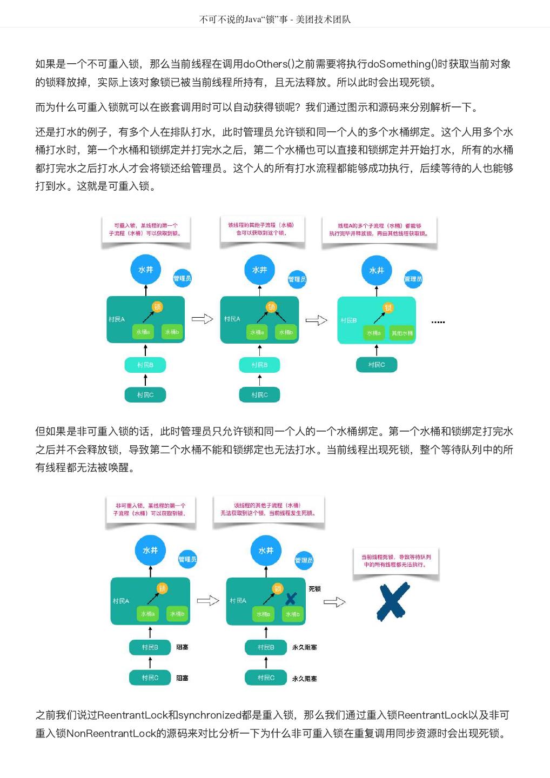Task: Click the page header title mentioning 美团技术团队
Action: tap(275, 19)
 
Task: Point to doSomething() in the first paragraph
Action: tap(402, 64)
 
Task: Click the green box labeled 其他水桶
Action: tap(401, 333)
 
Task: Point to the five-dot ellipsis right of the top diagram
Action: tap(438, 322)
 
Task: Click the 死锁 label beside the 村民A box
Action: tap(314, 589)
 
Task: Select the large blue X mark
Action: tap(393, 601)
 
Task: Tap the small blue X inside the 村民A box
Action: tap(291, 599)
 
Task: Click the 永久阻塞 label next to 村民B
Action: tap(305, 647)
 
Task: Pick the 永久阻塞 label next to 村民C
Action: tap(305, 679)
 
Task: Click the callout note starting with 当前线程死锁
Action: tap(396, 561)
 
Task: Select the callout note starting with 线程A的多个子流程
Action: tap(379, 230)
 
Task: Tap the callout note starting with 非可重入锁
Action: tap(150, 509)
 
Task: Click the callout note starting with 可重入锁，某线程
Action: tap(146, 230)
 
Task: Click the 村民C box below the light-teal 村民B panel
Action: tap(377, 365)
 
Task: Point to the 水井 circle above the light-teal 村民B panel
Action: tap(377, 270)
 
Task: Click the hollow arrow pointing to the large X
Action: tap(334, 602)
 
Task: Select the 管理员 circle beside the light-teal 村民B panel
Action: tap(413, 279)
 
